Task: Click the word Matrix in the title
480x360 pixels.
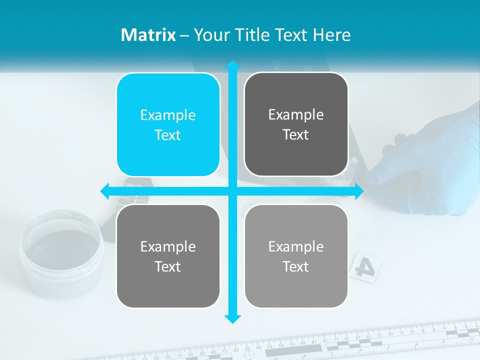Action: [x=148, y=35]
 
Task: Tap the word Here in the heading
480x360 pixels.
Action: [x=332, y=35]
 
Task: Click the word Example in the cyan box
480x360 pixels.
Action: [x=168, y=115]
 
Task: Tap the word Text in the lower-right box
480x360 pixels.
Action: [x=296, y=266]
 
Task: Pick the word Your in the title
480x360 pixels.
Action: [x=210, y=35]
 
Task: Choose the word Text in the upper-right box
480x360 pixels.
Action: [x=296, y=135]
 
